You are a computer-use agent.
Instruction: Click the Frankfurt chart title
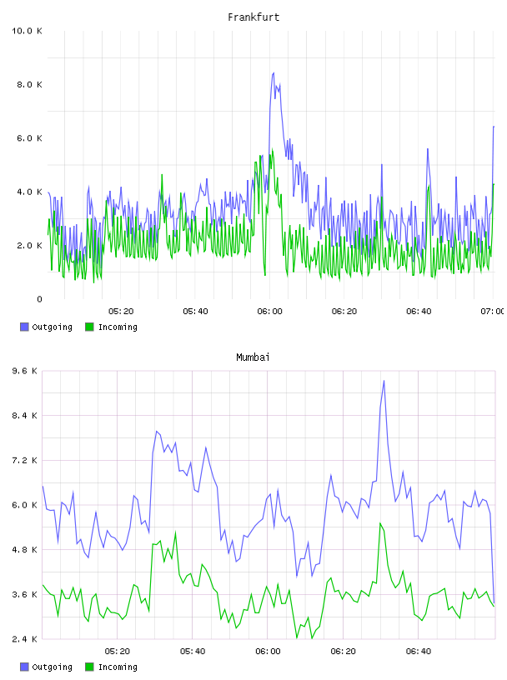254,17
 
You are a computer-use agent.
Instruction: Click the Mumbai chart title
253,357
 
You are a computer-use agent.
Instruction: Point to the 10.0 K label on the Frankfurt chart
27,31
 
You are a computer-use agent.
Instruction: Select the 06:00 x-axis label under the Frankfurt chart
269,312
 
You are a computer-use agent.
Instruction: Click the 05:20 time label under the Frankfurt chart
121,312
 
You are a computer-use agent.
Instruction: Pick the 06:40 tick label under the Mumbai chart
419,652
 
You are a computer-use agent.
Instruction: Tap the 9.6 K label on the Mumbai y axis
25,371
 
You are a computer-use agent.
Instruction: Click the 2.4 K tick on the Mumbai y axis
25,639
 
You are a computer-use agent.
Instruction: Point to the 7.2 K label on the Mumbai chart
25,460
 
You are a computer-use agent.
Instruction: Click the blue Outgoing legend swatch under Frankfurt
24,327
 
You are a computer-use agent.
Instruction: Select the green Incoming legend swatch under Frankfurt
89,327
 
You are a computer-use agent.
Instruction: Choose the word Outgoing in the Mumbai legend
52,667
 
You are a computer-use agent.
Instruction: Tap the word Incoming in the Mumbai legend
118,667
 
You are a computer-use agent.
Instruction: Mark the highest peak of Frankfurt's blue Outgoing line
274,72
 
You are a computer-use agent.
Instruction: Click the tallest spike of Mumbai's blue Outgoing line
384,381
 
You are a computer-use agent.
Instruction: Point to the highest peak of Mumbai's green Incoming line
380,523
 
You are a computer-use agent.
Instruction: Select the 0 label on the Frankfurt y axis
39,299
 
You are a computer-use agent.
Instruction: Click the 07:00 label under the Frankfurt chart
492,312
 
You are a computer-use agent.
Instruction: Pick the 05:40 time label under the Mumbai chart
193,652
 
